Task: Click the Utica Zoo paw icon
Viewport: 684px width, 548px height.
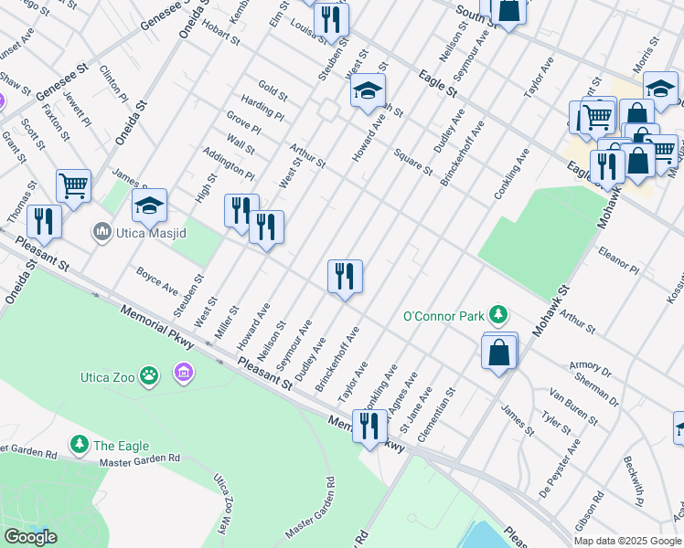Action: pos(150,374)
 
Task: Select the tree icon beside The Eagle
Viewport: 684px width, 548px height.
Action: pos(80,445)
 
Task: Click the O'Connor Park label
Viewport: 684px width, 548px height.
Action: pos(444,317)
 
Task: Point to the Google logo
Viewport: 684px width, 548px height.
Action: pos(29,537)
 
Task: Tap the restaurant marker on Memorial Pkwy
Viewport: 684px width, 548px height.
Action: pos(369,427)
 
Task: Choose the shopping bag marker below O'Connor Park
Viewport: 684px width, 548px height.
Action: pos(499,353)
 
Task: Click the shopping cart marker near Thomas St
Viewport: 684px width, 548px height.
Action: pos(73,185)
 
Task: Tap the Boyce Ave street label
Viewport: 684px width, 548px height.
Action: pos(156,279)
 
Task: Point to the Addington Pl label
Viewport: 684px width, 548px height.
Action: pos(229,163)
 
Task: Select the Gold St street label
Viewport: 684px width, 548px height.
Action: pos(273,90)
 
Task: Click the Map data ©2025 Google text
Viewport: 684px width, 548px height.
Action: pos(628,541)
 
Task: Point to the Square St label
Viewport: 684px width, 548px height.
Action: pos(412,162)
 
